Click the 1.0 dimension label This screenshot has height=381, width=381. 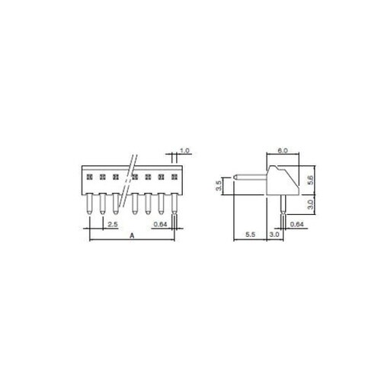[x=184, y=150]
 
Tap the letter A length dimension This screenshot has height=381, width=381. [x=133, y=237]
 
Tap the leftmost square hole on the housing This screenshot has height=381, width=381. [x=88, y=177]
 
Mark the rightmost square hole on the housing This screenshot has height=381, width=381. [x=174, y=177]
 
